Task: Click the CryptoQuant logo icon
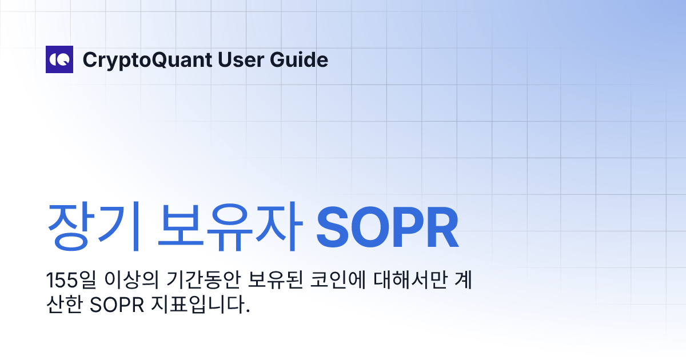(59, 59)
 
